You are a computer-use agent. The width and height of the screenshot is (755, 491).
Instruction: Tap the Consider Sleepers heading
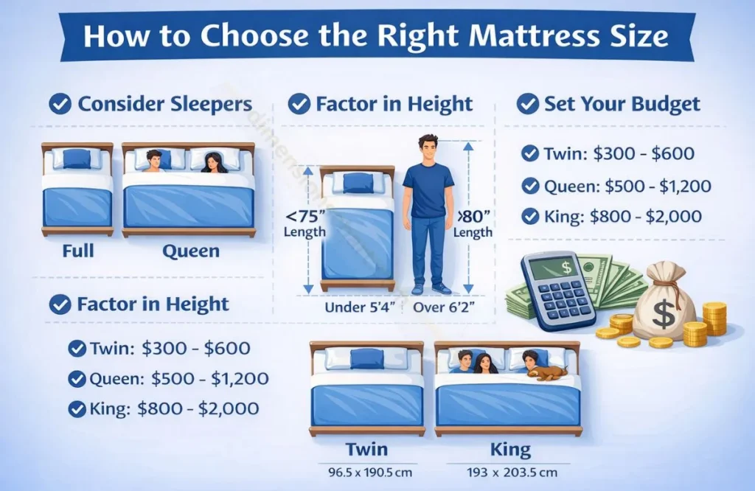tap(164, 104)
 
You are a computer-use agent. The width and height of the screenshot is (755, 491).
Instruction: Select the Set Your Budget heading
tap(622, 104)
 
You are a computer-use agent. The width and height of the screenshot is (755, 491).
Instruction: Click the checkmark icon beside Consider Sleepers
tap(60, 104)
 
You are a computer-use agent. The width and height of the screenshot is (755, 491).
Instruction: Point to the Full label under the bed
tap(77, 251)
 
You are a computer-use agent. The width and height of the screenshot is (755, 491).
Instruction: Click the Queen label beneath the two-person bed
tap(191, 251)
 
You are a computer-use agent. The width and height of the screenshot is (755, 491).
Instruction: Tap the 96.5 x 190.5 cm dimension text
tap(366, 470)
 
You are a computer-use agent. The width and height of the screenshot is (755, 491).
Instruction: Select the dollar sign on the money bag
tap(664, 315)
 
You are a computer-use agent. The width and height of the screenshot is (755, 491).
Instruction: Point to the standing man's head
tap(428, 147)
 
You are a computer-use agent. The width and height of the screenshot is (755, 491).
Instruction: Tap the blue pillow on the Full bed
tap(76, 159)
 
